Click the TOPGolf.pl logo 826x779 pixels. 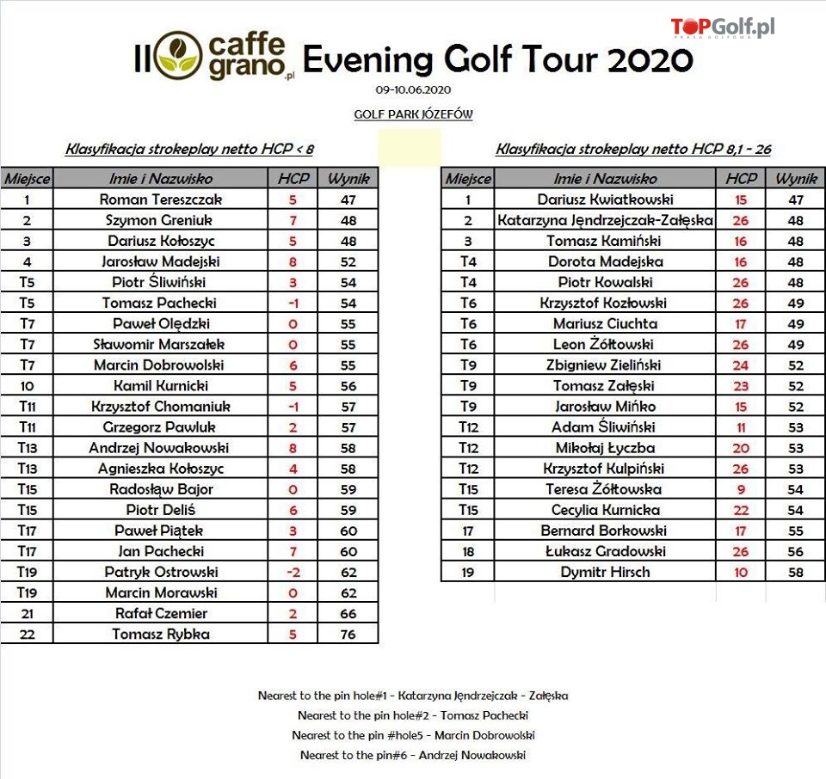(722, 28)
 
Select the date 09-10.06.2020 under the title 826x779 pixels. (413, 89)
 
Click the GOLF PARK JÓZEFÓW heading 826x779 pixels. (413, 114)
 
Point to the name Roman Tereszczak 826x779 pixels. (162, 199)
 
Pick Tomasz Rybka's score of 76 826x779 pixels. (348, 635)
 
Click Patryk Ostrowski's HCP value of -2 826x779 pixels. (293, 573)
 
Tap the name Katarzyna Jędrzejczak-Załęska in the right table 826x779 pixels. (606, 220)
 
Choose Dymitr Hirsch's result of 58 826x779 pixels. (795, 573)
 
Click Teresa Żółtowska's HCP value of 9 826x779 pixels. (741, 489)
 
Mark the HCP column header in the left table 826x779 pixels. (293, 179)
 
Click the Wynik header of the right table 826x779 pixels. (795, 179)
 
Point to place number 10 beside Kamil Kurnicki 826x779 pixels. (27, 386)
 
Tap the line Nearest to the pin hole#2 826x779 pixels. (413, 715)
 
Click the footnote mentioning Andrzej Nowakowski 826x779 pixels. (413, 756)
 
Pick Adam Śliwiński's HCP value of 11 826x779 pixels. (741, 427)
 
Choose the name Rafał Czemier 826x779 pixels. (162, 614)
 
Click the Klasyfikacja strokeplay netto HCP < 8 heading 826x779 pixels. (189, 150)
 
